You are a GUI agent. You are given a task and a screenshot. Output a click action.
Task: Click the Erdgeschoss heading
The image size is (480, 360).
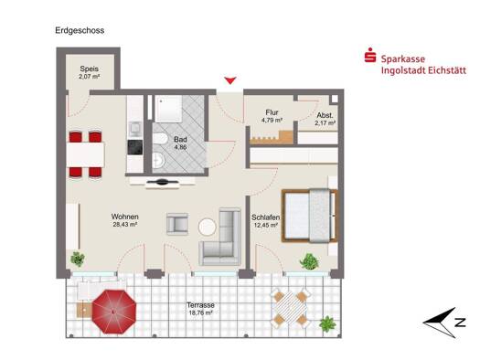80,30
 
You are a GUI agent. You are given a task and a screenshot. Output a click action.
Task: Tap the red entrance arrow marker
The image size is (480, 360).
229,80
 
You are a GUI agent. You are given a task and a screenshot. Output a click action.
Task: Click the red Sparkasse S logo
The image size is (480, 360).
370,56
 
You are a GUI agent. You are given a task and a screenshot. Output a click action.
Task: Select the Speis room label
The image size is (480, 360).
90,69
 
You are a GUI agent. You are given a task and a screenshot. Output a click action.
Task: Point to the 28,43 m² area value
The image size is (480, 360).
125,225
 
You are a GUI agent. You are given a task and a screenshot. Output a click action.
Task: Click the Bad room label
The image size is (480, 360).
181,140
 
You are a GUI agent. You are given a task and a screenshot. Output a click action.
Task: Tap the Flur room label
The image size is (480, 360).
272,112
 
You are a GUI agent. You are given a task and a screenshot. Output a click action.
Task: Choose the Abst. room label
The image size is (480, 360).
325,116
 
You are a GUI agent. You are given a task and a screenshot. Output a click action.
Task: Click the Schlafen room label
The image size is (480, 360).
266,217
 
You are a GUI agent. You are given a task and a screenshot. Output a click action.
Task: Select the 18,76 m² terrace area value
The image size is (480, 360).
200,312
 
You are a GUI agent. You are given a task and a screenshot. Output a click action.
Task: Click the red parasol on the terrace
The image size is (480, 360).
114,312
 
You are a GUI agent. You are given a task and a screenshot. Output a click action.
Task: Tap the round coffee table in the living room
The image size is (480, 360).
208,227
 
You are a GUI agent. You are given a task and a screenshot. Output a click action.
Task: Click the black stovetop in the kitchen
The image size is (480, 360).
135,147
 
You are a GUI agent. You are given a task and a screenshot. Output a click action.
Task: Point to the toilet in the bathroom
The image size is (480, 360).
160,138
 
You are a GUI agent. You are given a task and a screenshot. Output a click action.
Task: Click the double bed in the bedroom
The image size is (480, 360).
310,216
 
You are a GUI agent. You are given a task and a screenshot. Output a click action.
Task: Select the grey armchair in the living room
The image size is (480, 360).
177,224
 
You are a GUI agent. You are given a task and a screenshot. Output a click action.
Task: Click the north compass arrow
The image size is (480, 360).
440,323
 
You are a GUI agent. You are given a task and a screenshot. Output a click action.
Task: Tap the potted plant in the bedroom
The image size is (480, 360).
310,261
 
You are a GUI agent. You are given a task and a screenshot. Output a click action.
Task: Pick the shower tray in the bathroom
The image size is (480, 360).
168,109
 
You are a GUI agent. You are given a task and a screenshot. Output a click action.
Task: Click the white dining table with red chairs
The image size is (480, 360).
85,154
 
